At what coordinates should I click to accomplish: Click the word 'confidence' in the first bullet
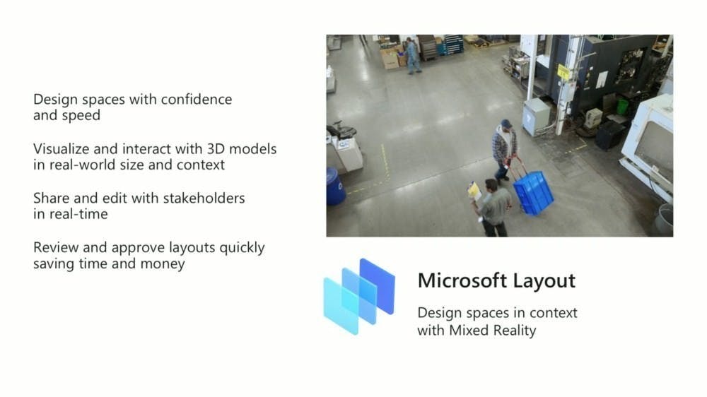tap(196, 99)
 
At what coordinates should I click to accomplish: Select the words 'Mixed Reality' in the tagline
tap(492, 331)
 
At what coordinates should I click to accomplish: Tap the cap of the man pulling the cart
tap(506, 123)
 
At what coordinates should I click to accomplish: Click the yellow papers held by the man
tap(474, 191)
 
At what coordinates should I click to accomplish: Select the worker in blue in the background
tap(412, 55)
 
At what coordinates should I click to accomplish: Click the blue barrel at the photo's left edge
tap(335, 186)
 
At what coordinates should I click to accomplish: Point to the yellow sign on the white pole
tap(563, 71)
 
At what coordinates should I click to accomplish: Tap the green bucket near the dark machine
tap(622, 107)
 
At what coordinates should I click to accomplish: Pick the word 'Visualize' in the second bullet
tap(62, 149)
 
